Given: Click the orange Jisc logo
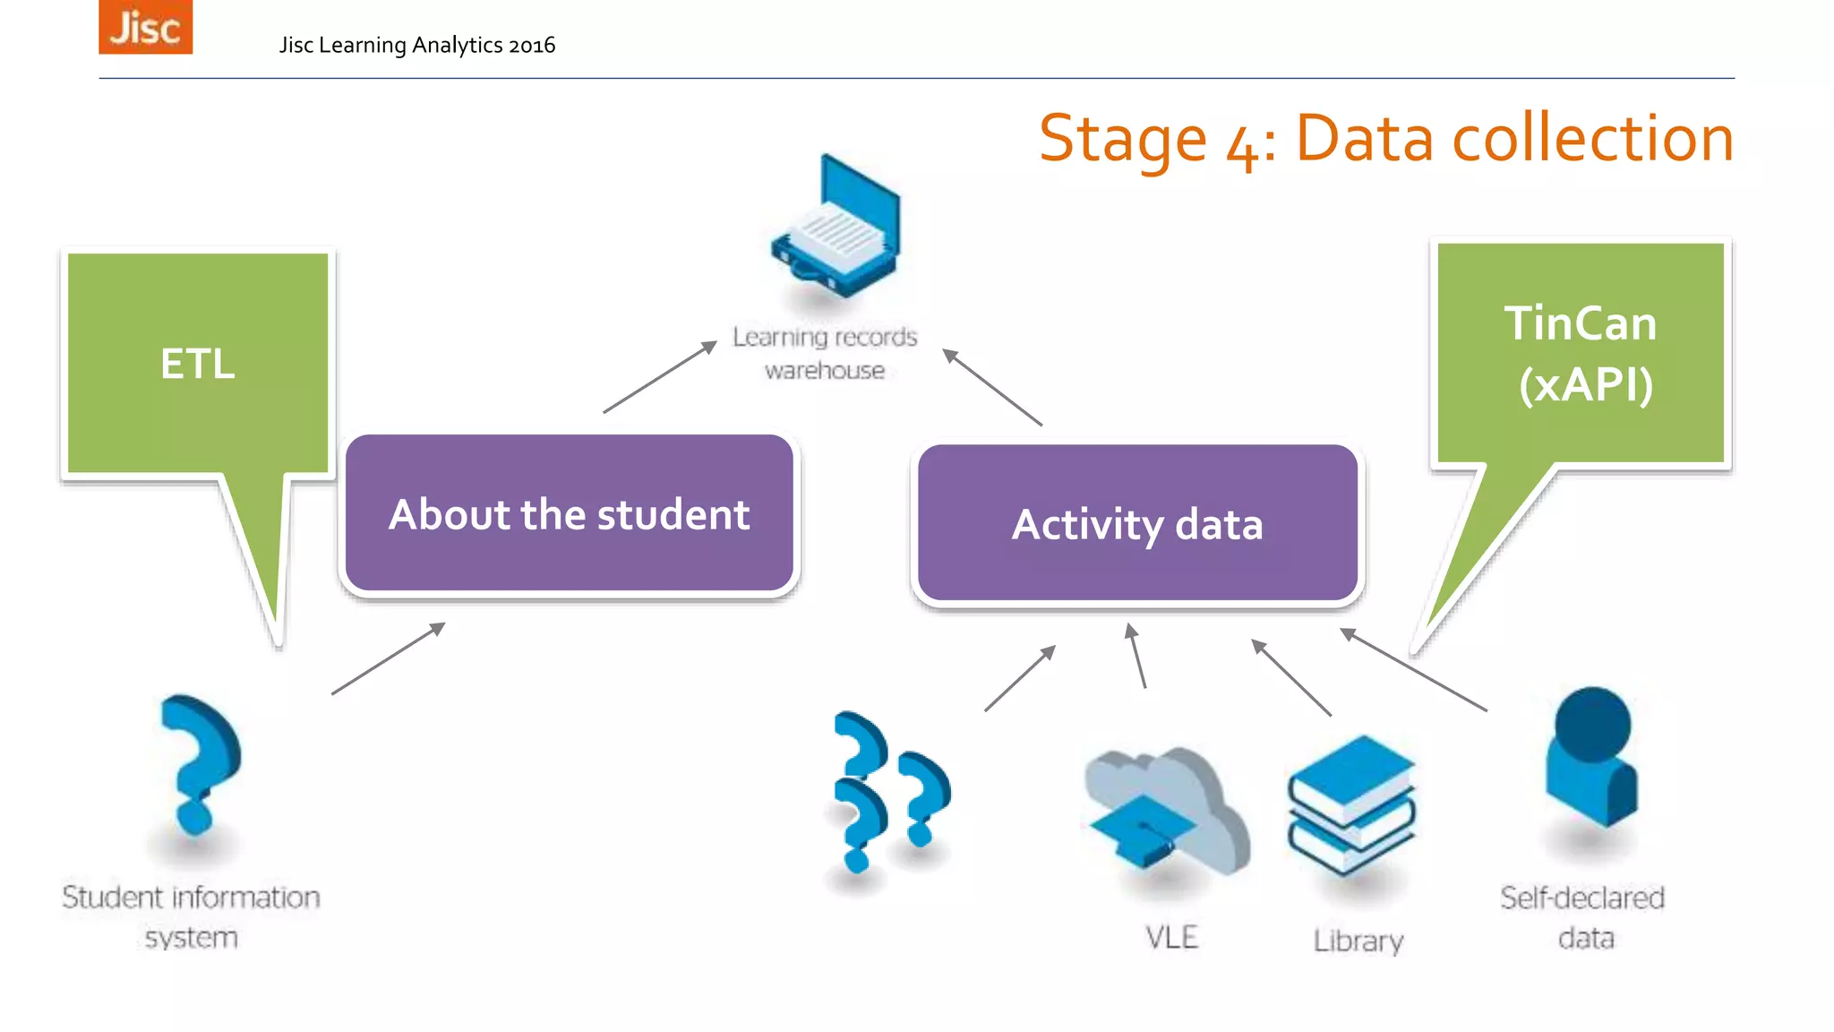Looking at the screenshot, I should pos(145,27).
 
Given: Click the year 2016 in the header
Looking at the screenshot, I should pos(531,45).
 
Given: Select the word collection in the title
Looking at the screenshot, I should pos(1592,139).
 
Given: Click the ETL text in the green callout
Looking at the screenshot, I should pos(198,364).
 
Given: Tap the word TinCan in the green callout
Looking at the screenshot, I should pos(1581,323).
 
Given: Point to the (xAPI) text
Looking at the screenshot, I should pos(1586,384).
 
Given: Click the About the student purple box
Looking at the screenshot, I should pos(570,514).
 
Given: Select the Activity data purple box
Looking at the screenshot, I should pos(1137,524).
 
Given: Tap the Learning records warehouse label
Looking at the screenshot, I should pos(825,353).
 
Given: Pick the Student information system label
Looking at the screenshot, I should pos(191,916).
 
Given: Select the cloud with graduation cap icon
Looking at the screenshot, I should pos(1164,811).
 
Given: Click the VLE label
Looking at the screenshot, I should pos(1171,937).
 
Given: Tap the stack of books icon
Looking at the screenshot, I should pos(1352,804).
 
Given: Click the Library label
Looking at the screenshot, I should pos(1358,941).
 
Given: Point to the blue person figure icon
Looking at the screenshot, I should pos(1591,757).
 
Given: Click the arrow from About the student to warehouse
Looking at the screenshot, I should pos(660,377).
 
